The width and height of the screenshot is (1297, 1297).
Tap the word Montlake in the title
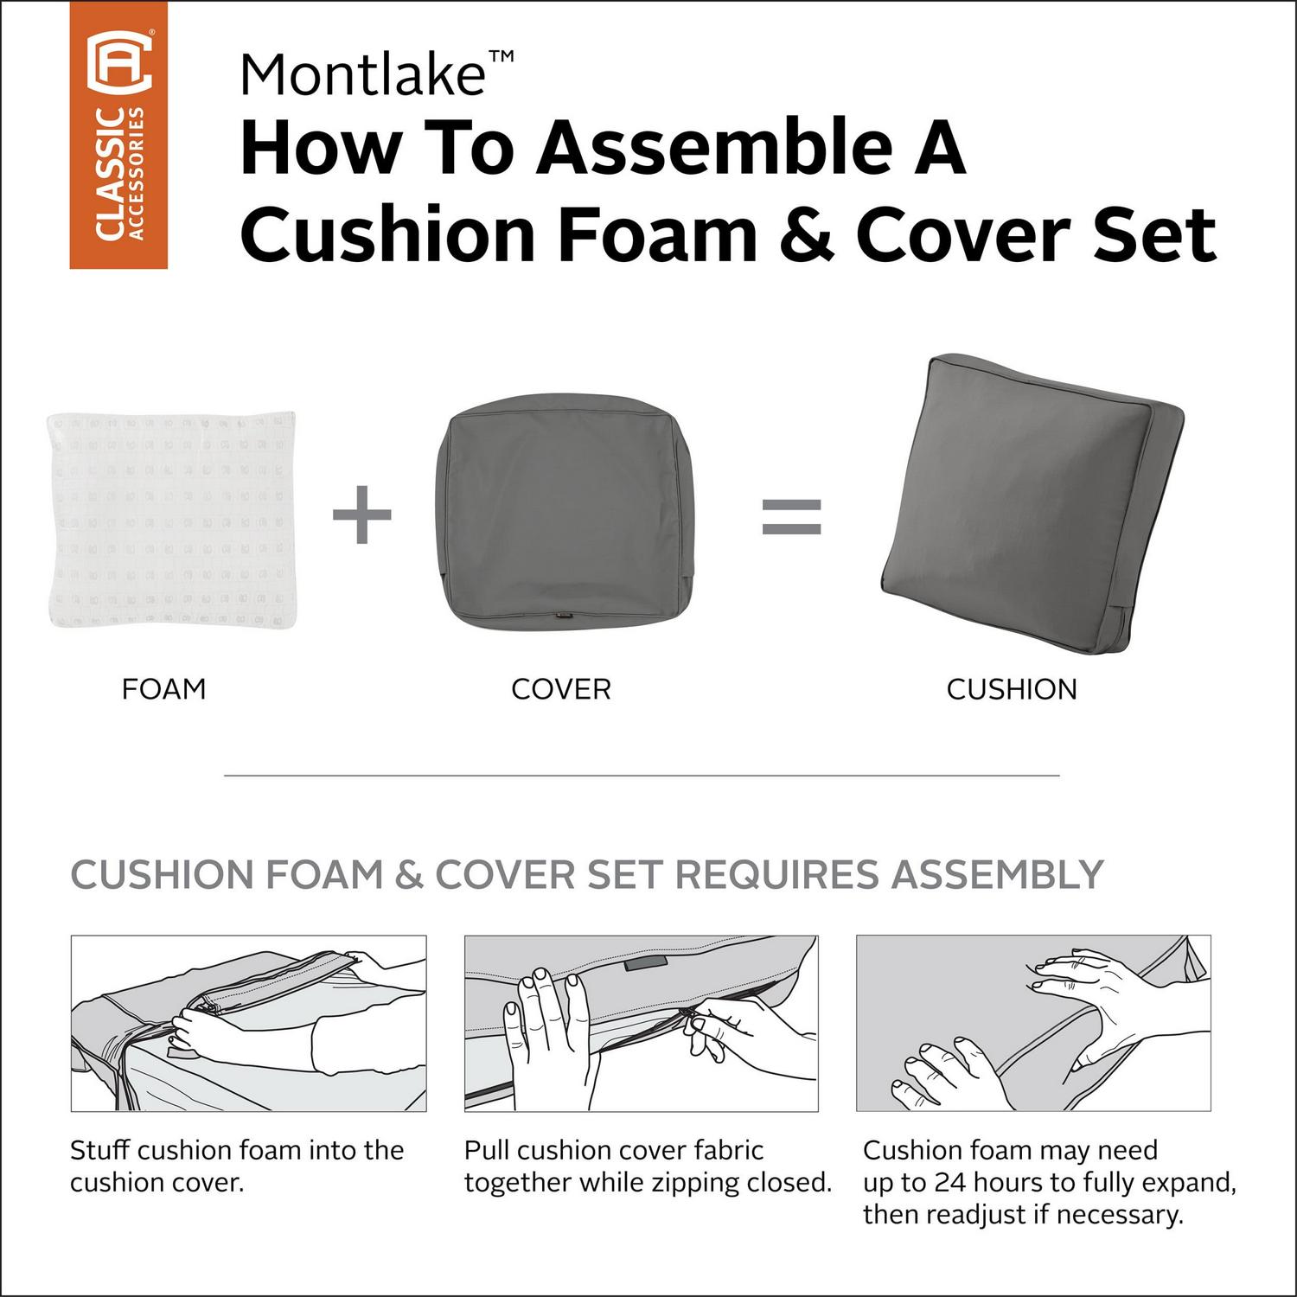362,74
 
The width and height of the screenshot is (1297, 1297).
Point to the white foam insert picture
172,519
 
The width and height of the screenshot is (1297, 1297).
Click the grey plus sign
362,515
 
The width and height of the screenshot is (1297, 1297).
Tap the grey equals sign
791,516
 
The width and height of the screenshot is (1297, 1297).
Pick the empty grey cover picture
560,517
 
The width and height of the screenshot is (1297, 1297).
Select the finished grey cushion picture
1031,503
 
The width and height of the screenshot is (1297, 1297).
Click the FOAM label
164,689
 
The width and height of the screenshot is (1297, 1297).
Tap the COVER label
561,689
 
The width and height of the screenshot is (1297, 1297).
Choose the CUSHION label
1012,689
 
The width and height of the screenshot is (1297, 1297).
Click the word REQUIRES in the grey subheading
779,874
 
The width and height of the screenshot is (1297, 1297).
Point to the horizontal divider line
642,776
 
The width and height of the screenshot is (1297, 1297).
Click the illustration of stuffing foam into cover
249,1023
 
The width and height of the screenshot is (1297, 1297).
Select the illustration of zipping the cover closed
642,1023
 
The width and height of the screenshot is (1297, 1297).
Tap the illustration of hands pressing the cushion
1033,1023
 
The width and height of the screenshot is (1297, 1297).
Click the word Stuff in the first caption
100,1150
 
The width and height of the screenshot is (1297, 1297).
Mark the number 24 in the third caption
952,1182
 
